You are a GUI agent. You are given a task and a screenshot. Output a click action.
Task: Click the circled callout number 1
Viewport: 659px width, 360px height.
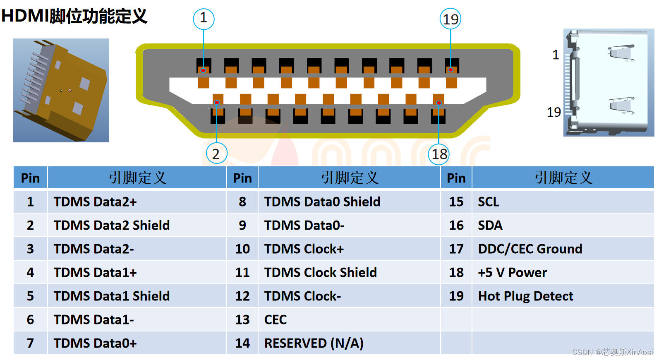click(x=204, y=19)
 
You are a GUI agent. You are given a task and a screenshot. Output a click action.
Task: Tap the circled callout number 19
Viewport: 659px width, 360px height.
click(x=451, y=19)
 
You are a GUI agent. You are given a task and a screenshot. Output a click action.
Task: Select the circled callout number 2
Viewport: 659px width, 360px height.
click(x=216, y=154)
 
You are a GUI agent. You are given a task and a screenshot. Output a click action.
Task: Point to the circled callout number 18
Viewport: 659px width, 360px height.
click(x=439, y=154)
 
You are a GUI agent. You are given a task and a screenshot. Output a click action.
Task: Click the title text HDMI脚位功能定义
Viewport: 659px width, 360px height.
click(x=74, y=16)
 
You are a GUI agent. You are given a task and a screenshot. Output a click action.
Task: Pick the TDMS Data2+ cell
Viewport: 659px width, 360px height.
click(x=95, y=202)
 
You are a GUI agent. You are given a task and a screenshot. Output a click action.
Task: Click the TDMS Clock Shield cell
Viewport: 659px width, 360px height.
click(x=320, y=273)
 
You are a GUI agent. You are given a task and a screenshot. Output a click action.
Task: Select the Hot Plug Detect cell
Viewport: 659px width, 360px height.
click(x=525, y=296)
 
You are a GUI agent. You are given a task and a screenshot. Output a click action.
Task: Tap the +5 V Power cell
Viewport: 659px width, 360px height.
click(x=512, y=273)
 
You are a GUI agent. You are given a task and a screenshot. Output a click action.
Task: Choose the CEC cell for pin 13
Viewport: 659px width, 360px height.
click(x=276, y=320)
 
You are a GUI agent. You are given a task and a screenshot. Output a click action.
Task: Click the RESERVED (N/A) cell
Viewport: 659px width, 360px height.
click(x=314, y=343)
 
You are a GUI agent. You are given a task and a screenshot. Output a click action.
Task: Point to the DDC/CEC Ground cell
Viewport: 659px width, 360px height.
click(x=530, y=249)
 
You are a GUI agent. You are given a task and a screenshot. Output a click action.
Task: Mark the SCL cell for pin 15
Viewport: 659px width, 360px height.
click(x=489, y=202)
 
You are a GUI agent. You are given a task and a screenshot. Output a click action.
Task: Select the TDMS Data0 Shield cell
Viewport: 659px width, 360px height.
click(x=322, y=202)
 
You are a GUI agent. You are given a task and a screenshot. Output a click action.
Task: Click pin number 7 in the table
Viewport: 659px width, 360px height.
click(x=30, y=343)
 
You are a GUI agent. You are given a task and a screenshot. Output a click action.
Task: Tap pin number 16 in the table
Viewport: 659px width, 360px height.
click(x=456, y=226)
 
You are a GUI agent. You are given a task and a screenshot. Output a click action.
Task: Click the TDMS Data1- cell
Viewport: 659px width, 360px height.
click(x=94, y=320)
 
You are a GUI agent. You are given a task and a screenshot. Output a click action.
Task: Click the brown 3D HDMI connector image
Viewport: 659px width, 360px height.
click(x=61, y=90)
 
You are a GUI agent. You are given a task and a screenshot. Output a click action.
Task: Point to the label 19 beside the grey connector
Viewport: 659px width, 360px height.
click(x=554, y=112)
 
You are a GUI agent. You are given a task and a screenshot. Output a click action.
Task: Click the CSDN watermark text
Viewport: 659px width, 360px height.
click(x=612, y=352)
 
